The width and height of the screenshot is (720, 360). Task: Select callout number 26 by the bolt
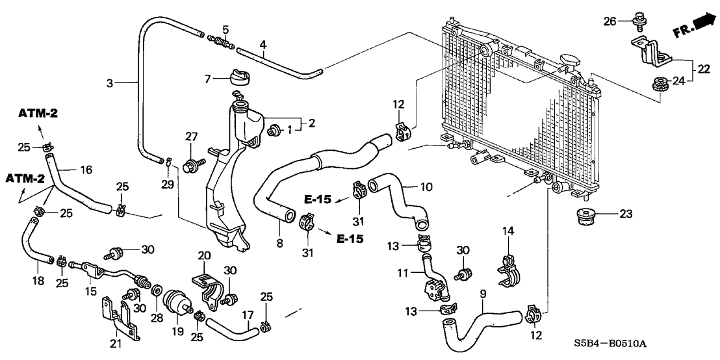[608, 21]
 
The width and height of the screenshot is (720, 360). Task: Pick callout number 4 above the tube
[263, 45]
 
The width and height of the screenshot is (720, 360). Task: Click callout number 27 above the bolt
[190, 136]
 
